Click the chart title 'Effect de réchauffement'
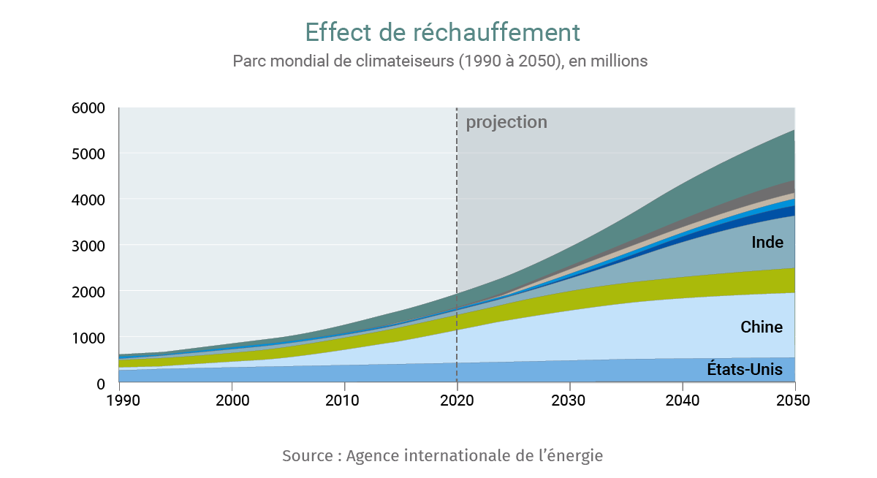pos(442,32)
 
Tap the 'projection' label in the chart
pos(506,122)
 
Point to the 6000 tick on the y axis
pos(89,108)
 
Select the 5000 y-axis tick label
pos(89,154)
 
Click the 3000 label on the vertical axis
pos(89,246)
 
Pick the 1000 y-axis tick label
pos(89,338)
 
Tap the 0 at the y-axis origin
pos(101,384)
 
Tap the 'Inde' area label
pos(767,243)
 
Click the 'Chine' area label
pos(761,327)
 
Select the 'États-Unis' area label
pos(745,370)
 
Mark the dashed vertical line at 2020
pos(457,219)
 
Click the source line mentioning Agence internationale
pos(442,455)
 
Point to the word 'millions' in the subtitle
pos(616,61)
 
